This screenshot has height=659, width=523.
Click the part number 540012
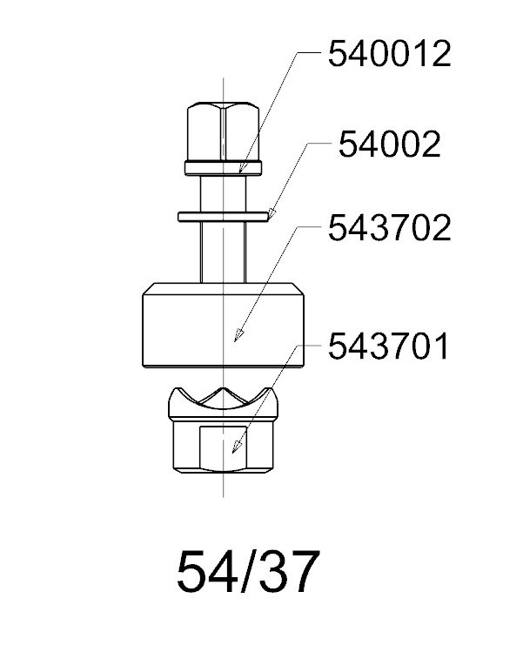[389, 54]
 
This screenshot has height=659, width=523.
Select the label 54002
[389, 145]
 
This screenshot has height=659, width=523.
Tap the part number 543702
[389, 228]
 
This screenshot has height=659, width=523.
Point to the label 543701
[389, 346]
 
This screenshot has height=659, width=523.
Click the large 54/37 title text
[247, 572]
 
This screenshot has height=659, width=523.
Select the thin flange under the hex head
[223, 168]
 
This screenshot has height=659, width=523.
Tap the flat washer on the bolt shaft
[223, 217]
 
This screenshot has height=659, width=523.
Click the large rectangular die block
[223, 326]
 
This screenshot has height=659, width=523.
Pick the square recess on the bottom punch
[223, 448]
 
